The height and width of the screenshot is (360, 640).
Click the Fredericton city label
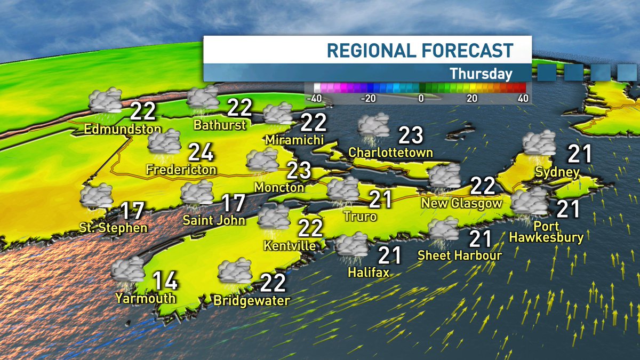pyautogui.click(x=182, y=170)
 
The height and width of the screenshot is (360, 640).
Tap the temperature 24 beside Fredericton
pyautogui.click(x=201, y=153)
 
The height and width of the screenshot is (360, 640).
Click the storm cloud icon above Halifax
pyautogui.click(x=352, y=245)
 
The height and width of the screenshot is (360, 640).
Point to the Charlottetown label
pyautogui.click(x=390, y=153)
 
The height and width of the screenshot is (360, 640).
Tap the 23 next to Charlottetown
pyautogui.click(x=411, y=135)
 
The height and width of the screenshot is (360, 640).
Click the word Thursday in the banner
pyautogui.click(x=481, y=74)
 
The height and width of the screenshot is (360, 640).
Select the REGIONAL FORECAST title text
pyautogui.click(x=420, y=51)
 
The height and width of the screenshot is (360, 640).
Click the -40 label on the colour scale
pyautogui.click(x=314, y=98)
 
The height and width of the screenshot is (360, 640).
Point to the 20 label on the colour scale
pyautogui.click(x=471, y=98)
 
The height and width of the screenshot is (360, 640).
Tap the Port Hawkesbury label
pyautogui.click(x=546, y=231)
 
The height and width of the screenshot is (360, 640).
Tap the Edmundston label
pyautogui.click(x=122, y=129)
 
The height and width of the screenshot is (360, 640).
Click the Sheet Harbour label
pyautogui.click(x=460, y=255)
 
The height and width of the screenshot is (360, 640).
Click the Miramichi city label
pyautogui.click(x=294, y=140)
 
